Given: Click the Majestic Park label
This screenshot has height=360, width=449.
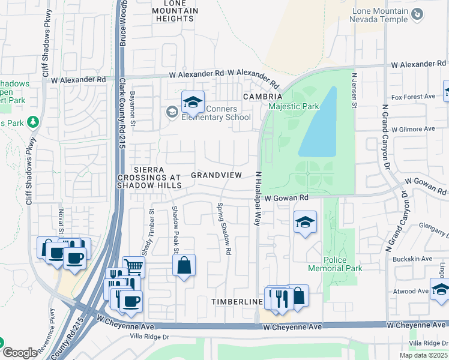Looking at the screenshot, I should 294,107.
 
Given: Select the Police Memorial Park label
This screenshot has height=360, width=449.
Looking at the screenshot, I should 335,264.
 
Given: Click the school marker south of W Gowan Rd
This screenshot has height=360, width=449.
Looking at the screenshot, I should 305,223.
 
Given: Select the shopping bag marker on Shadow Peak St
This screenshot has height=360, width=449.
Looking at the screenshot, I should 184,265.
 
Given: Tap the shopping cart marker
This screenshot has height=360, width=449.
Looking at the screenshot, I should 133,268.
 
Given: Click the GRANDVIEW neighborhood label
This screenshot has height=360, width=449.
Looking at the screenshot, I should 216,175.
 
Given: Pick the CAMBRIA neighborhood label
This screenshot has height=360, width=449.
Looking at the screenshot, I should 262,97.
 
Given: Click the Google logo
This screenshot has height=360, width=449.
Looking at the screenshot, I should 20,352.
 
